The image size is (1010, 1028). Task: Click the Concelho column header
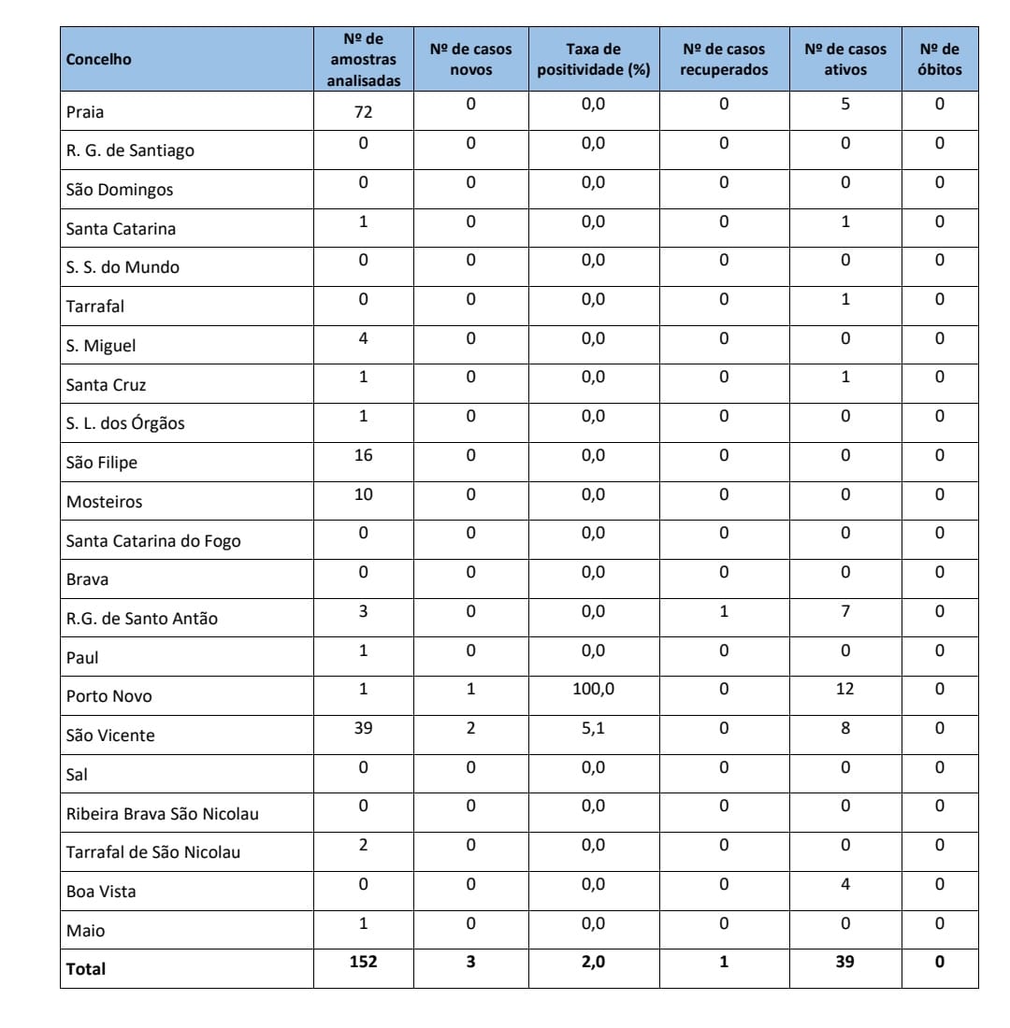pos(99,60)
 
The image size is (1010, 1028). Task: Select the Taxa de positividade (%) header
pos(593,60)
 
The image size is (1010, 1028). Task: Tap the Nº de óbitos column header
pos(939,60)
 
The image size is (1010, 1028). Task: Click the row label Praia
pos(85,112)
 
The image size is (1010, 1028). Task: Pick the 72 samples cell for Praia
pos(363,112)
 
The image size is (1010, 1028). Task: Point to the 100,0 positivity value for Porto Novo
pos(593,689)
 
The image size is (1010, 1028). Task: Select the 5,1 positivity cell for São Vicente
pos(593,728)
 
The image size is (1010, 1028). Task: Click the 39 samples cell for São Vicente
pos(363,728)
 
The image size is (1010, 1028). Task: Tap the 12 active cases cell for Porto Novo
pos(844,689)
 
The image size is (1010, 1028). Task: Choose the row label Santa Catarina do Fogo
pos(153,540)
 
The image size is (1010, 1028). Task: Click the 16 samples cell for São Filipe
pos(363,455)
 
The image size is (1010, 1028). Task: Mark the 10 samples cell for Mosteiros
pos(363,494)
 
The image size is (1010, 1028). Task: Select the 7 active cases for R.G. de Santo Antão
pos(844,611)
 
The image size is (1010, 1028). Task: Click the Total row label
pos(86,969)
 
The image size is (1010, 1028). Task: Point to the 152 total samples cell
pos(363,962)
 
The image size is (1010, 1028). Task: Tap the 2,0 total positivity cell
pos(593,962)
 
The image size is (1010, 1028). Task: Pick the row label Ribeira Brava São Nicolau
pos(163,814)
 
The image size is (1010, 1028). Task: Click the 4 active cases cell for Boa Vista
pos(844,884)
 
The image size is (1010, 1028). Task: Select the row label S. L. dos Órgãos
pos(125,423)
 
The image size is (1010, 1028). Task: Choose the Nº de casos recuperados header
pos(723,60)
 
